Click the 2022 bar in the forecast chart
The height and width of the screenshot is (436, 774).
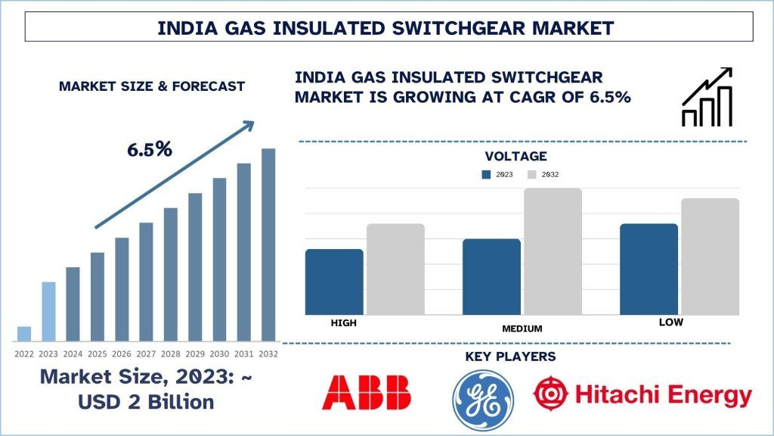coord(24,333)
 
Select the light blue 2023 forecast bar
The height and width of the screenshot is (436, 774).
coord(48,311)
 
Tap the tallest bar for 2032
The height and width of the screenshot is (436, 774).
coord(268,244)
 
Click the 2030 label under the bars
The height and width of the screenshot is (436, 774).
coord(219,353)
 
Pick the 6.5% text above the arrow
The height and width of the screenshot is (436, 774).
coord(150,149)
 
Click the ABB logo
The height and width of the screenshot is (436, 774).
coord(367,394)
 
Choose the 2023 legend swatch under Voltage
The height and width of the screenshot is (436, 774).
coord(486,175)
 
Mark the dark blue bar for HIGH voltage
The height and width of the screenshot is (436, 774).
coord(334,282)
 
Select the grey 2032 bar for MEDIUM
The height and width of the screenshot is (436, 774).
coord(553,251)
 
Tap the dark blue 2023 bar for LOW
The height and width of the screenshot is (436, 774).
coord(649,269)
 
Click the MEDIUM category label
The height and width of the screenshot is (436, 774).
coord(522,329)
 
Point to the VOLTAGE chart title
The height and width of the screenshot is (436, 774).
coord(515,157)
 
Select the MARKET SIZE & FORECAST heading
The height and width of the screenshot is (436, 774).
coord(152,86)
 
